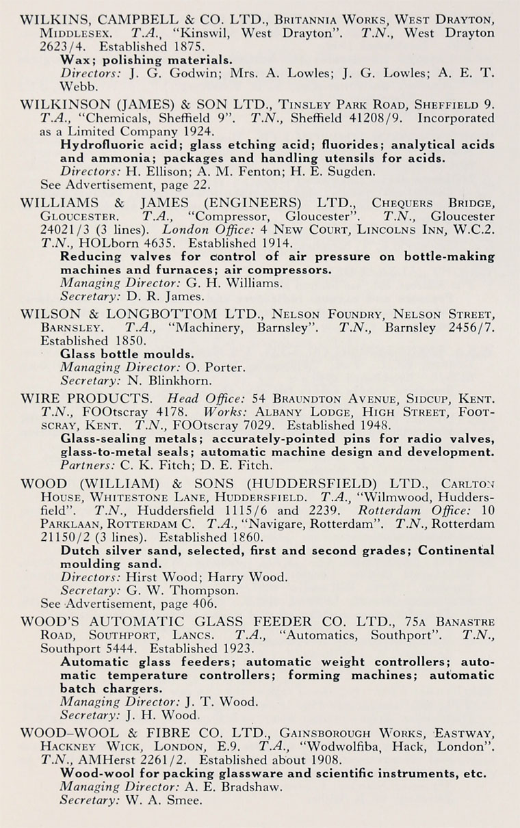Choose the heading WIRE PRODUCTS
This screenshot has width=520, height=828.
pyautogui.click(x=86, y=397)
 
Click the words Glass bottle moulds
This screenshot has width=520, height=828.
pyautogui.click(x=127, y=354)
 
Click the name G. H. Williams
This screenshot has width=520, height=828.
pyautogui.click(x=227, y=283)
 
